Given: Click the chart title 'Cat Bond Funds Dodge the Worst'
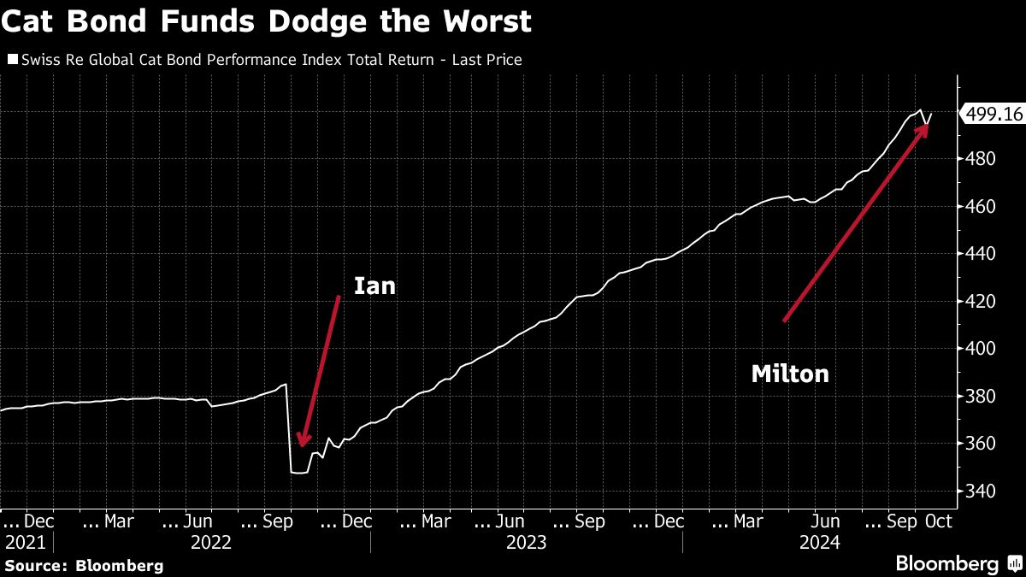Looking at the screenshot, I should tap(266, 22).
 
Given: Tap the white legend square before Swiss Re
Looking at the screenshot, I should tap(12, 60).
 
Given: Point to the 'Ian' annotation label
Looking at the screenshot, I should tap(375, 286).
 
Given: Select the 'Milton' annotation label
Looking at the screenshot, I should tap(790, 374).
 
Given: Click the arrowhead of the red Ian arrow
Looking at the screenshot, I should tap(302, 441).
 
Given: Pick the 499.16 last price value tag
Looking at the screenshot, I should tap(994, 114).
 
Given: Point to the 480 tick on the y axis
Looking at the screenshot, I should tap(977, 159).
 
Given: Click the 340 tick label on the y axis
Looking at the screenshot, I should tap(977, 492).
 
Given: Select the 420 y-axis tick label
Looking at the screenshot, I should tap(977, 302).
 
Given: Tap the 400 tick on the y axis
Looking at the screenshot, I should tap(977, 349).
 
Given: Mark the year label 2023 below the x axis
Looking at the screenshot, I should tap(526, 543).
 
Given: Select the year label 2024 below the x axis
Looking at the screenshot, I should tap(819, 543).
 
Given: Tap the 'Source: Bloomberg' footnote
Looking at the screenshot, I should tap(83, 565).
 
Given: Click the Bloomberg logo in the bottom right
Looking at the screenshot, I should tap(958, 564).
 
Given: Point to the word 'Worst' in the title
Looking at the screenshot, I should tap(485, 22).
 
